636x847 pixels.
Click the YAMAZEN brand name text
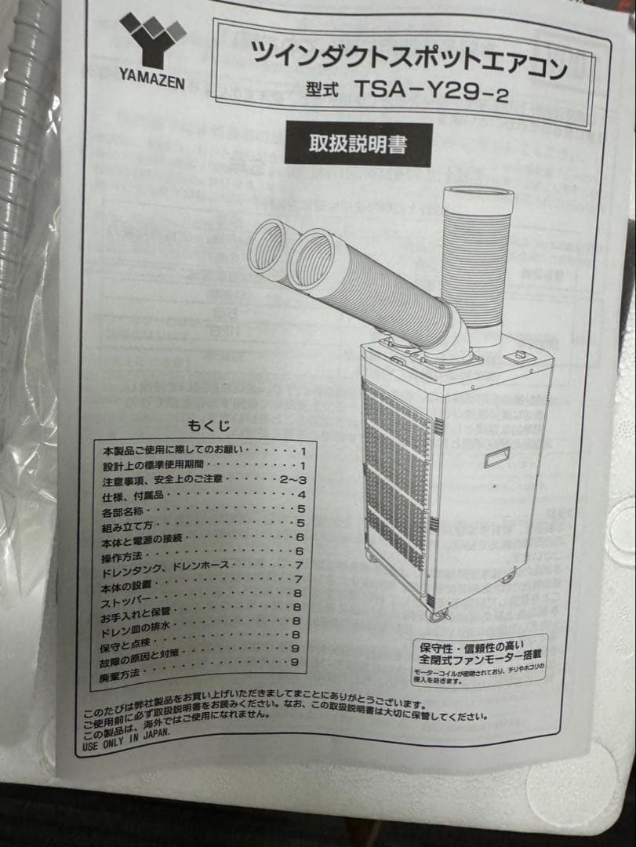pos(153,78)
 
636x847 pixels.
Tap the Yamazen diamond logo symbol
pos(153,39)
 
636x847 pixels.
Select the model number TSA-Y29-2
pos(431,89)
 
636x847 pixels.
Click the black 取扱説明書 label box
pos(357,143)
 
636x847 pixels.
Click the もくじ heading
pos(209,426)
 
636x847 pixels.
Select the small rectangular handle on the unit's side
pos(496,456)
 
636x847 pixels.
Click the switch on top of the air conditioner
pos(519,358)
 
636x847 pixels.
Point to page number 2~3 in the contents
pos(291,479)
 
